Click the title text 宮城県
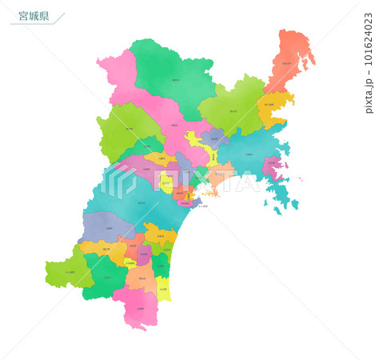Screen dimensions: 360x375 [33, 15]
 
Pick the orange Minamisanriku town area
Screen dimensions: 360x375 [270, 108]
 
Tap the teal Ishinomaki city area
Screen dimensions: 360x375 [244, 152]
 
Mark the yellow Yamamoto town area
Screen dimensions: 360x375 [163, 288]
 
